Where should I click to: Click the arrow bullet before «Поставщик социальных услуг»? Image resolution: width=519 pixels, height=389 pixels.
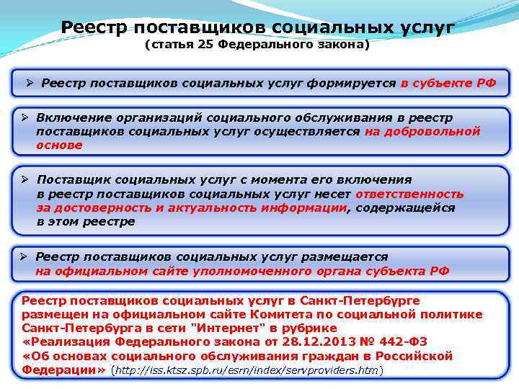(x=25, y=180)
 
